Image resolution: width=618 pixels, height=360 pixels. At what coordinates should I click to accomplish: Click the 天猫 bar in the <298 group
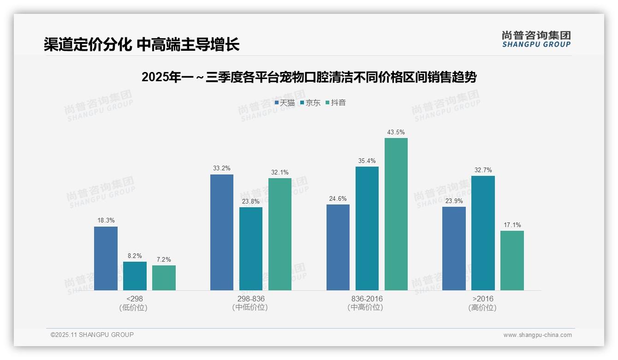tap(106, 258)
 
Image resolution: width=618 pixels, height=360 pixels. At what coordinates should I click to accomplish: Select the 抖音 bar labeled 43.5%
tap(396, 214)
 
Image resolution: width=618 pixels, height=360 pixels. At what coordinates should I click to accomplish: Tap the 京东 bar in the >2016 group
tap(483, 233)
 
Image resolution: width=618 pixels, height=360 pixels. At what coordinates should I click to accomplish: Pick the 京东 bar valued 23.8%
tap(251, 249)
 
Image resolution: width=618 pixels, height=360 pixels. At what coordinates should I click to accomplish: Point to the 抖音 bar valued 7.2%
tap(164, 278)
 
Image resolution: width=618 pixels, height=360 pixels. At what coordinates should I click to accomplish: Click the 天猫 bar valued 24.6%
tap(338, 247)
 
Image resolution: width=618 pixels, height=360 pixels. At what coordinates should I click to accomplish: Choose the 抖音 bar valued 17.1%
tap(512, 260)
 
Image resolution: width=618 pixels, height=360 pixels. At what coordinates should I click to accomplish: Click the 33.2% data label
tap(222, 168)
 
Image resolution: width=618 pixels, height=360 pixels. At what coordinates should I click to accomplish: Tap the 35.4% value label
tap(367, 161)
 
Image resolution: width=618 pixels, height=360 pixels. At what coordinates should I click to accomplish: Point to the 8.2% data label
tap(135, 256)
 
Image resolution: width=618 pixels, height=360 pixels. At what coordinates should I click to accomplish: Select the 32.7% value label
tap(483, 170)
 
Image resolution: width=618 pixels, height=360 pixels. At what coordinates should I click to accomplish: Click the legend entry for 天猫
tap(285, 102)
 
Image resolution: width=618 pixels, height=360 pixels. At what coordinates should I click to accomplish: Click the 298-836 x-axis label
tap(251, 299)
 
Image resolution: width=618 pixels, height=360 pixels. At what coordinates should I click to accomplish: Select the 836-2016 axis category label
tap(367, 299)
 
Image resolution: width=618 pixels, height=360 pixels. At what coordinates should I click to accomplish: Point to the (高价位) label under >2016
tap(482, 307)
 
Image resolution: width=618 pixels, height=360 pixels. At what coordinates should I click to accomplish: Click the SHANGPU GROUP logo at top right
tap(536, 39)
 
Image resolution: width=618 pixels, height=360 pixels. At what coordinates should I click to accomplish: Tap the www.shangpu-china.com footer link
tap(537, 335)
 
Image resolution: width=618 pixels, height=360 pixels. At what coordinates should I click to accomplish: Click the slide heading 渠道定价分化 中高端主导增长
tap(142, 44)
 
